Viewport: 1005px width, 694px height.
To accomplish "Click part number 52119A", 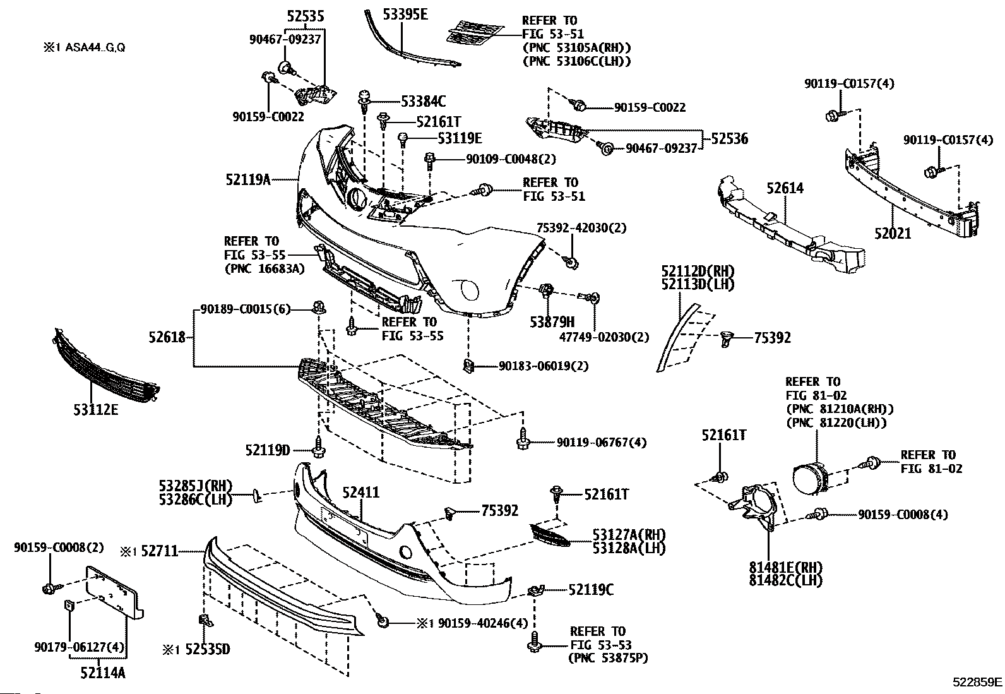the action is coord(248,179).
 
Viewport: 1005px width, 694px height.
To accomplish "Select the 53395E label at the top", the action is coord(405,15).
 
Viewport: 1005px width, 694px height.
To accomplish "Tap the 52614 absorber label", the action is coord(785,188).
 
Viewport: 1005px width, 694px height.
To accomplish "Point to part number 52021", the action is coord(893,234).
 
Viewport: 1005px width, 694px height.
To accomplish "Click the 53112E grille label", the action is coord(95,410).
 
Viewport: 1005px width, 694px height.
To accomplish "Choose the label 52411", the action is coord(360,493).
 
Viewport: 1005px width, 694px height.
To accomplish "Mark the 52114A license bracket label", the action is coord(103,673).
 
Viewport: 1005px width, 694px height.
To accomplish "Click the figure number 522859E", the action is coord(977,683).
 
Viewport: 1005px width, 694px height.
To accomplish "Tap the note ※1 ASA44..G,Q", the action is coord(85,47).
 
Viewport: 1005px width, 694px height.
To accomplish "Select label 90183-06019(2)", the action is coord(544,366).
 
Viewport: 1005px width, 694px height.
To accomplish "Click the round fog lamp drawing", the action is coord(811,479).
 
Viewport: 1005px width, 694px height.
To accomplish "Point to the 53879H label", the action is coord(552,322).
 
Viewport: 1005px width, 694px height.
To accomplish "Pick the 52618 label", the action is coord(167,337).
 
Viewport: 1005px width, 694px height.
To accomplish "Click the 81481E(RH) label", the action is coord(785,567).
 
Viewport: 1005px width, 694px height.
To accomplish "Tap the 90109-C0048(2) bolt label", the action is coord(511,159).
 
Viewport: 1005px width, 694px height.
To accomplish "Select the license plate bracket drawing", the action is coord(114,594).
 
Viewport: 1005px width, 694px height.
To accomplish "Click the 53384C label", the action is coord(423,102).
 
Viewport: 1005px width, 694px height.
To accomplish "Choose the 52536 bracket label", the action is coord(730,139).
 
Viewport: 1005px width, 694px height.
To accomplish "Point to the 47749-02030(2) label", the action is coord(604,337).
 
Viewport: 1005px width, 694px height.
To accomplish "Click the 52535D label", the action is coord(207,649).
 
